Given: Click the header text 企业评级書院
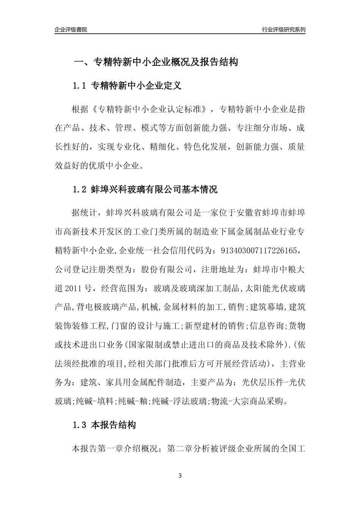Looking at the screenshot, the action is [70, 30].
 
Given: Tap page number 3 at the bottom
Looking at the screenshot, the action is [180, 476].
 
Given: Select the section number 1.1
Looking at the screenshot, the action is [80, 86].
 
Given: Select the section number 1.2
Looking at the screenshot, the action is [80, 189].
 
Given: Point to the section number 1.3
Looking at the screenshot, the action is [80, 425].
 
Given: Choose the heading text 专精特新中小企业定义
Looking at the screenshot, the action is [136, 86].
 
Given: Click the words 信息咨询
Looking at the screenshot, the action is [267, 326].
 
